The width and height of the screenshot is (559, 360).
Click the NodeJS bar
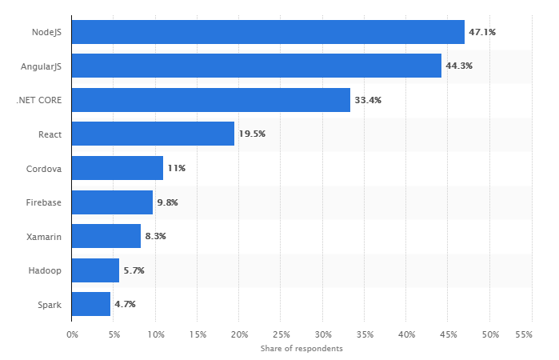268,32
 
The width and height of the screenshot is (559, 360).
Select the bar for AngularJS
257,66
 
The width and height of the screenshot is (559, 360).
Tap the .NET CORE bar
211,100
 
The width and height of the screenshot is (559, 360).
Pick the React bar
153,134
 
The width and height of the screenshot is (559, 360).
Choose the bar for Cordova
118,168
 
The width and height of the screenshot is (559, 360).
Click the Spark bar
91,304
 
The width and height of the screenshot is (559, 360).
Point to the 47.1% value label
482,32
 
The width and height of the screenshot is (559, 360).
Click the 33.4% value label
368,100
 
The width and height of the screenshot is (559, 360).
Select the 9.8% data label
167,202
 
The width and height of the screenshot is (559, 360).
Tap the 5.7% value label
134,270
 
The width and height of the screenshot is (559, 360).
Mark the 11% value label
177,168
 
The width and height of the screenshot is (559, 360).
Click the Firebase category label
45,202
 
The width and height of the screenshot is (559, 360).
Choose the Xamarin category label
46,236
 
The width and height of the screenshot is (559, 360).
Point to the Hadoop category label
46,270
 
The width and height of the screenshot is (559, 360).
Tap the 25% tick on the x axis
281,334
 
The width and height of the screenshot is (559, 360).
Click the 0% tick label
72,334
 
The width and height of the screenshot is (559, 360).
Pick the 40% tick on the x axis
406,334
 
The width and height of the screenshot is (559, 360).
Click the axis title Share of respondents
301,349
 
